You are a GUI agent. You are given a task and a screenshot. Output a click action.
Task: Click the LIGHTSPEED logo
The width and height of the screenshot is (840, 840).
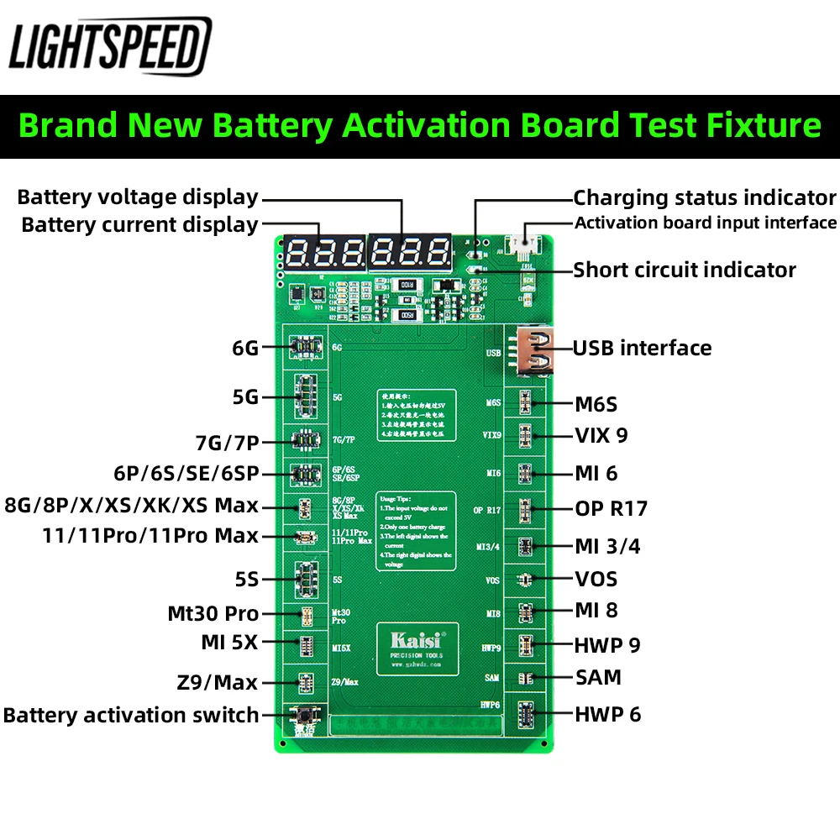pos(110,46)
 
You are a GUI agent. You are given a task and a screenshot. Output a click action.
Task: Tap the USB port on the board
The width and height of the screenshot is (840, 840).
pos(538,350)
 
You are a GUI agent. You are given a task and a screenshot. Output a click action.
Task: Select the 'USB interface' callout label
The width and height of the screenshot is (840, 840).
pos(642,348)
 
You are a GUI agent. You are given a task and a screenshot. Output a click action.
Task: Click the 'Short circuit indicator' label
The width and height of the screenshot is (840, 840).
pos(685,270)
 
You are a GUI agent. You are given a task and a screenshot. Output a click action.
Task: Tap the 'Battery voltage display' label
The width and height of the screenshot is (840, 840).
pos(138,197)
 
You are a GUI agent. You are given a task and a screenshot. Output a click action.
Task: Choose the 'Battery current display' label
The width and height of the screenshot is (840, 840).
pos(139,225)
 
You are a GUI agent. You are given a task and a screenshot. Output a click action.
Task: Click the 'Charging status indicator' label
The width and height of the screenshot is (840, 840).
pos(705,198)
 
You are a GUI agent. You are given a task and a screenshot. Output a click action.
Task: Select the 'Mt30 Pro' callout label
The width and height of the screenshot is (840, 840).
pos(213,614)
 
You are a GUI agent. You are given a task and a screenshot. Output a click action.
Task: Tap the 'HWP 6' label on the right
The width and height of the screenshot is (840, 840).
pos(607,714)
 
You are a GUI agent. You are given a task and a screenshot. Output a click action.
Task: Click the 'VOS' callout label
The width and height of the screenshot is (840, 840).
pos(596,579)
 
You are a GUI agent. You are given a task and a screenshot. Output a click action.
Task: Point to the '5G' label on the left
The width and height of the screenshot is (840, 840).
pos(245,397)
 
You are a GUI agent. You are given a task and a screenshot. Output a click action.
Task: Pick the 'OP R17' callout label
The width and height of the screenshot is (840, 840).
pos(612,508)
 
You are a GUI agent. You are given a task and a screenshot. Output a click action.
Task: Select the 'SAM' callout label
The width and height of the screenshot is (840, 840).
pos(598,677)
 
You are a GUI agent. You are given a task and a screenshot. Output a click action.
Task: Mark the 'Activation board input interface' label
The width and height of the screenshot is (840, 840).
pos(706,223)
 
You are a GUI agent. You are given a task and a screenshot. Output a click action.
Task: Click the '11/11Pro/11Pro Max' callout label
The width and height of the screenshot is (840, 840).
pos(150,536)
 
